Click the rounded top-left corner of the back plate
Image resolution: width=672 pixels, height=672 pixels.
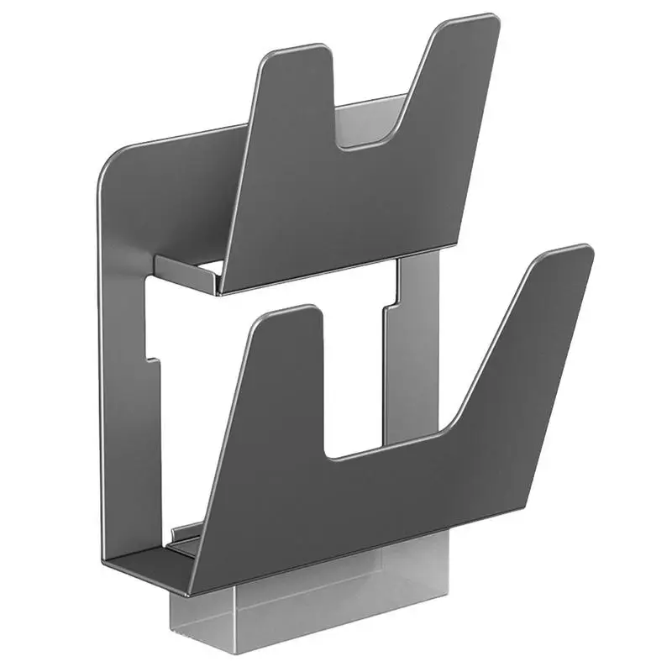pyautogui.click(x=113, y=160)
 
